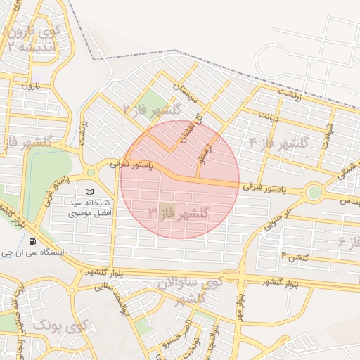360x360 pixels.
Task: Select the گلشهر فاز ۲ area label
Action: pos(152,110)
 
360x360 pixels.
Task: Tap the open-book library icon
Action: pos(89,192)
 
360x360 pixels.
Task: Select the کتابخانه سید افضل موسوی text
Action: pos(89,207)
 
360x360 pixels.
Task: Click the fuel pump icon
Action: pos(32,241)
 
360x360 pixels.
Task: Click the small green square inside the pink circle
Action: pos(167,210)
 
